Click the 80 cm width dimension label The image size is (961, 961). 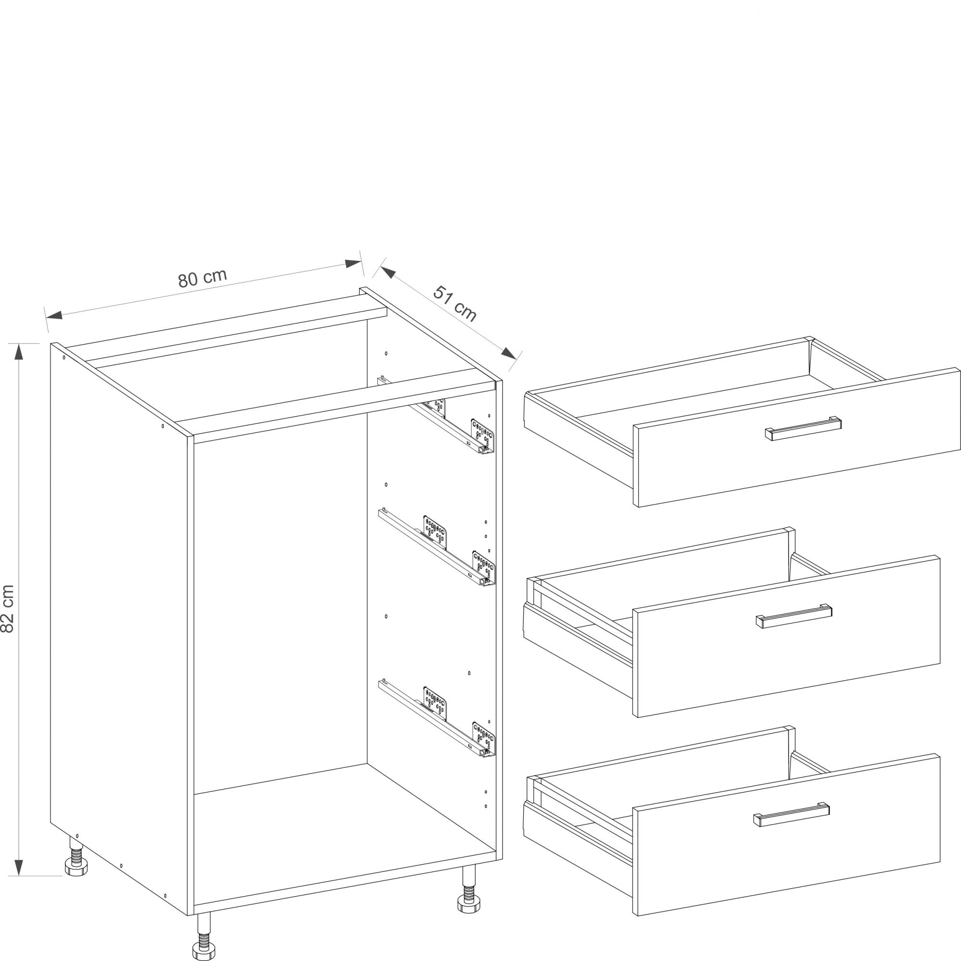[202, 278]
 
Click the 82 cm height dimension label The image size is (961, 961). [8, 608]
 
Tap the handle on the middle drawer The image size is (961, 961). [794, 616]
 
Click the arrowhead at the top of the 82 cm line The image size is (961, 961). [19, 352]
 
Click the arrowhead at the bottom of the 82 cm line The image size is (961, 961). [19, 867]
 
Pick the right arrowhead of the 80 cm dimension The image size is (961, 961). [353, 263]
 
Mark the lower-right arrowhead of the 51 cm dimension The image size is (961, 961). [509, 354]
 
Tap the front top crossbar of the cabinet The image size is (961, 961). [344, 412]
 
